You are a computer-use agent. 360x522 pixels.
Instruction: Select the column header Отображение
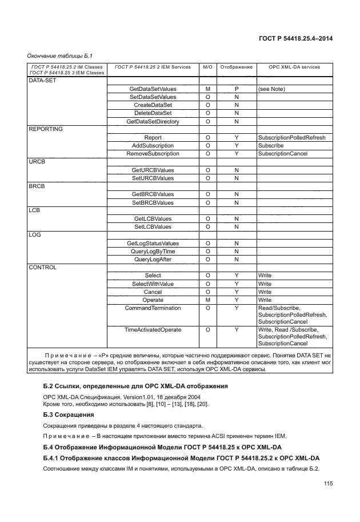coord(236,67)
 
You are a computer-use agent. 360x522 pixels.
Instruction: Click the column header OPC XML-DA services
coord(294,67)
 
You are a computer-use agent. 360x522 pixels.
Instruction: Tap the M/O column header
coord(208,67)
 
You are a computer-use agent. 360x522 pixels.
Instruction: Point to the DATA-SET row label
coord(41,81)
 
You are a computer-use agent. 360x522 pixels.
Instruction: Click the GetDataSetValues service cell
coord(153,89)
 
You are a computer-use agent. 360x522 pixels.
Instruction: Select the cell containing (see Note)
coord(271,89)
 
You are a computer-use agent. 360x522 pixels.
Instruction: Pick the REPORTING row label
coord(46,129)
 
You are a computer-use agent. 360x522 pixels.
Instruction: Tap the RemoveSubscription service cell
coord(153,154)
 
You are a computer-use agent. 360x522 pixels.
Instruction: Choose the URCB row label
coord(37,162)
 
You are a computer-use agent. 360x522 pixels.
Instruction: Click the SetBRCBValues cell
coord(153,202)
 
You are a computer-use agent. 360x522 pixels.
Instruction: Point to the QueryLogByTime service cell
coord(153,251)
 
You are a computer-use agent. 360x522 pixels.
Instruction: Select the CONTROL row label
coord(43,267)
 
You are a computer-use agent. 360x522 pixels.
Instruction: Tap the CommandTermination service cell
coord(153,308)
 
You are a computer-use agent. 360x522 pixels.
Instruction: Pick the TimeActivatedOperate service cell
coord(153,330)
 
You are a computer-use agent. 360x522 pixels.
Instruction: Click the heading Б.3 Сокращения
coord(69,414)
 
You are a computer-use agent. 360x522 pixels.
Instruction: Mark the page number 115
coord(327,484)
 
